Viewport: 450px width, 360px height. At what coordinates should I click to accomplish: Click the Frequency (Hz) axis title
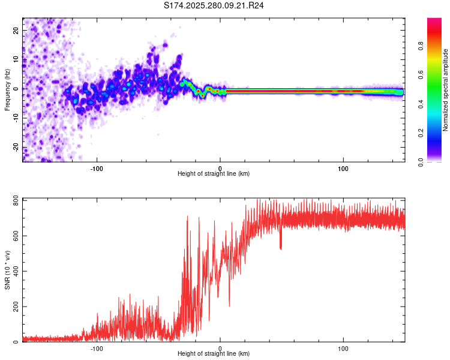[x=7, y=89]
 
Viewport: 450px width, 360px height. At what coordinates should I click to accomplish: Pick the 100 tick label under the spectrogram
[x=343, y=169]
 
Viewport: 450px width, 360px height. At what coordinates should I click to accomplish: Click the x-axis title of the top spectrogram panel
[x=214, y=174]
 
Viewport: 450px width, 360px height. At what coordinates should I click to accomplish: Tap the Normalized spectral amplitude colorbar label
[x=446, y=90]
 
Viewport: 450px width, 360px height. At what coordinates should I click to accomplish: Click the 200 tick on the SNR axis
[x=16, y=307]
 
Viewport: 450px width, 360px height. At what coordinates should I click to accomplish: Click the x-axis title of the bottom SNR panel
[x=214, y=354]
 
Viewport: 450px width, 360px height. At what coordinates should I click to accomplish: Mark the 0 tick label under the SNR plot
[x=220, y=349]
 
